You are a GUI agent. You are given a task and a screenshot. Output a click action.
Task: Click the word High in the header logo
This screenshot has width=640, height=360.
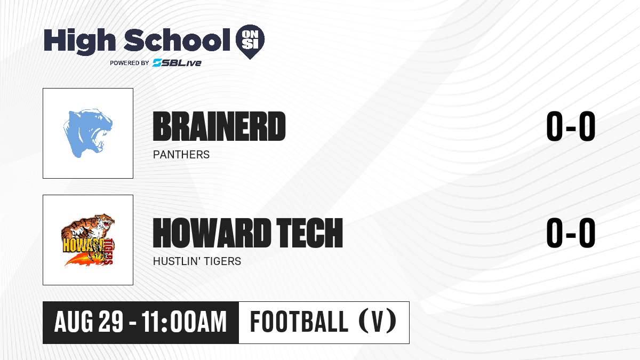tap(79, 41)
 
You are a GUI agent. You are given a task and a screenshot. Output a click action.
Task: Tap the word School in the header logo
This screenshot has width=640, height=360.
tap(177, 40)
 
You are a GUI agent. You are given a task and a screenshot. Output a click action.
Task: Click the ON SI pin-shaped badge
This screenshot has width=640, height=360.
tap(250, 42)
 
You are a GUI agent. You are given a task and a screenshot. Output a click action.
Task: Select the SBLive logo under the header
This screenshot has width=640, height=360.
tap(177, 63)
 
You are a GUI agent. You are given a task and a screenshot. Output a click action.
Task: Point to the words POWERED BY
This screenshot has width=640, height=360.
tap(130, 63)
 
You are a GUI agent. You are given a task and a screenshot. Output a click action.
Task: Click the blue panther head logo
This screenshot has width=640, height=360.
tap(87, 133)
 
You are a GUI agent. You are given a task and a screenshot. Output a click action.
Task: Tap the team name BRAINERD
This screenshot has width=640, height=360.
tap(219, 126)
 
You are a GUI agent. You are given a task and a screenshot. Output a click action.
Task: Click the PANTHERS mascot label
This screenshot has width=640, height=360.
tap(181, 155)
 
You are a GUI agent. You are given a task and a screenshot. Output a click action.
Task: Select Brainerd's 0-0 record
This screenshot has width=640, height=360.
tap(571, 126)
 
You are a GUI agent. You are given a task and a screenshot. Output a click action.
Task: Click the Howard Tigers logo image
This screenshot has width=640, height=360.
tap(88, 240)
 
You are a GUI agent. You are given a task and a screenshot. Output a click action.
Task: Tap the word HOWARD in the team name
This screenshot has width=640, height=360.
tap(212, 233)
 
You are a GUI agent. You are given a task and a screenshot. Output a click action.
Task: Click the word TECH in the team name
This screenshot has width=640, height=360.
tap(310, 233)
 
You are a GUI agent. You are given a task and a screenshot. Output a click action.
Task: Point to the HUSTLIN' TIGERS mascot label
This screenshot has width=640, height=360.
tap(197, 261)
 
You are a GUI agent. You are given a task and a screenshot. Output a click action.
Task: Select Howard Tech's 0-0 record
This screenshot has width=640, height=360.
tap(571, 233)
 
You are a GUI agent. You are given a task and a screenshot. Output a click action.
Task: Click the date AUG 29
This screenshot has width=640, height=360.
tap(89, 322)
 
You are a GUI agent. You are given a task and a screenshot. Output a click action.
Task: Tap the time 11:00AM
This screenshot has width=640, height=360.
tap(184, 322)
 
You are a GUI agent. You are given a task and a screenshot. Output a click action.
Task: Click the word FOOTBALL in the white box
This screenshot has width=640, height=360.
tap(299, 322)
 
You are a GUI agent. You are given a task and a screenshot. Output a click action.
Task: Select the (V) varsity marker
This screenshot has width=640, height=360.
tap(377, 322)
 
